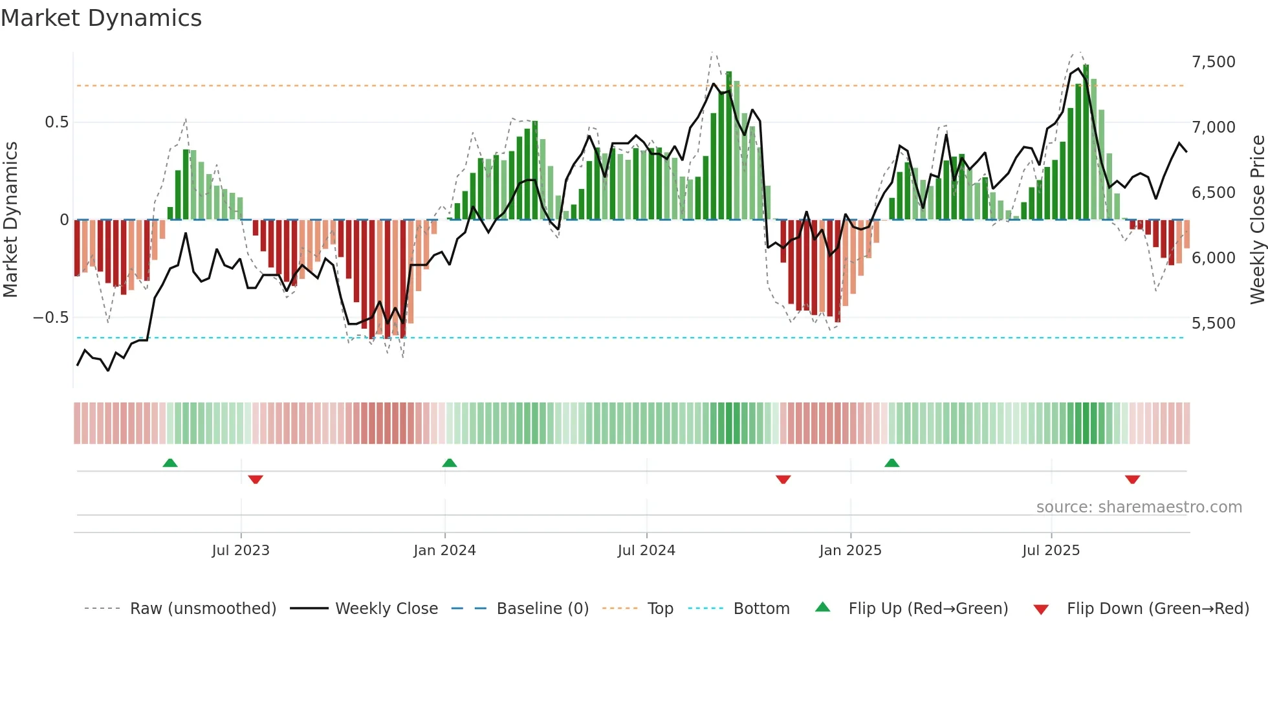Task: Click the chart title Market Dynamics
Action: pos(101,18)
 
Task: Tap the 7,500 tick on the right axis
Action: pos(1213,62)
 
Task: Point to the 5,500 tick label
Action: pos(1213,324)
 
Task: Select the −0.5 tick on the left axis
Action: pos(50,318)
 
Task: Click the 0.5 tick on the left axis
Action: pos(56,122)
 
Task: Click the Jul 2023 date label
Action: pos(240,551)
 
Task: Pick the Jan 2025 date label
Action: pos(849,551)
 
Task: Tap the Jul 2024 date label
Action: pos(646,551)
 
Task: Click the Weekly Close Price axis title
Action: pos(1257,220)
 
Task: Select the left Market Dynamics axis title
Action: pos(10,220)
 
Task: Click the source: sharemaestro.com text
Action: pos(1139,507)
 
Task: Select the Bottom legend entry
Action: pos(761,609)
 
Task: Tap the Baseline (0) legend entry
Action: pos(542,609)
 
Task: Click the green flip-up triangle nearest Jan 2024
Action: pos(449,463)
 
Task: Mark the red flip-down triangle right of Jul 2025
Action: pos(1132,479)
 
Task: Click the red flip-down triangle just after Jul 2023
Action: pos(256,479)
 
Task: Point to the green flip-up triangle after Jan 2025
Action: pos(891,463)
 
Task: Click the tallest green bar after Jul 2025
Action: pos(1086,142)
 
